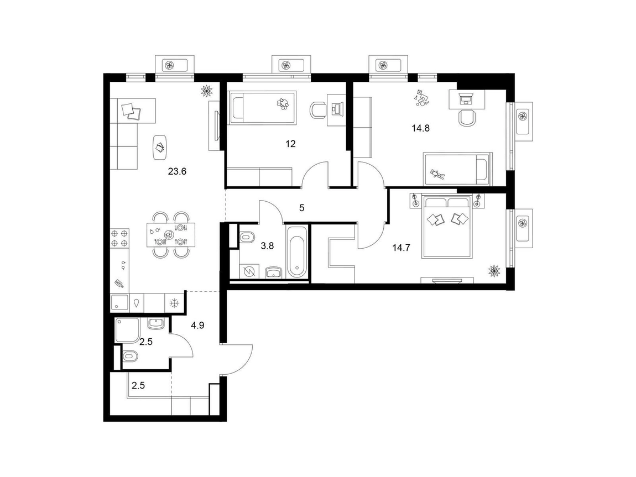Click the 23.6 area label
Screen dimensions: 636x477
click(x=177, y=171)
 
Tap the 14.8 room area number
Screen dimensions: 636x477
click(x=420, y=128)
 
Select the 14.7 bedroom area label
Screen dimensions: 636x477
click(x=401, y=248)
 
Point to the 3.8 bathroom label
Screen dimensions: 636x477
click(x=267, y=245)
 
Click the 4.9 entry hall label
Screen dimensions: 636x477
click(x=197, y=325)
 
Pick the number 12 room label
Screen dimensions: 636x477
click(x=290, y=144)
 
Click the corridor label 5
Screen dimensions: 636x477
click(x=301, y=208)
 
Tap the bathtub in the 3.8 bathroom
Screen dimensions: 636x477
click(x=298, y=251)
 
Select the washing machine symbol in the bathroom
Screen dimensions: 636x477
click(x=248, y=271)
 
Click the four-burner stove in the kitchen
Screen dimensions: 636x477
click(x=119, y=238)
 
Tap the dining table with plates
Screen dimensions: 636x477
click(x=171, y=235)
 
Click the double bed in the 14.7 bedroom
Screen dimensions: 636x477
click(x=447, y=226)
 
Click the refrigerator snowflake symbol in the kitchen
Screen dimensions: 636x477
click(x=174, y=303)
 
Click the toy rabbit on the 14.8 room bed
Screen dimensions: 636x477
click(x=437, y=175)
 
